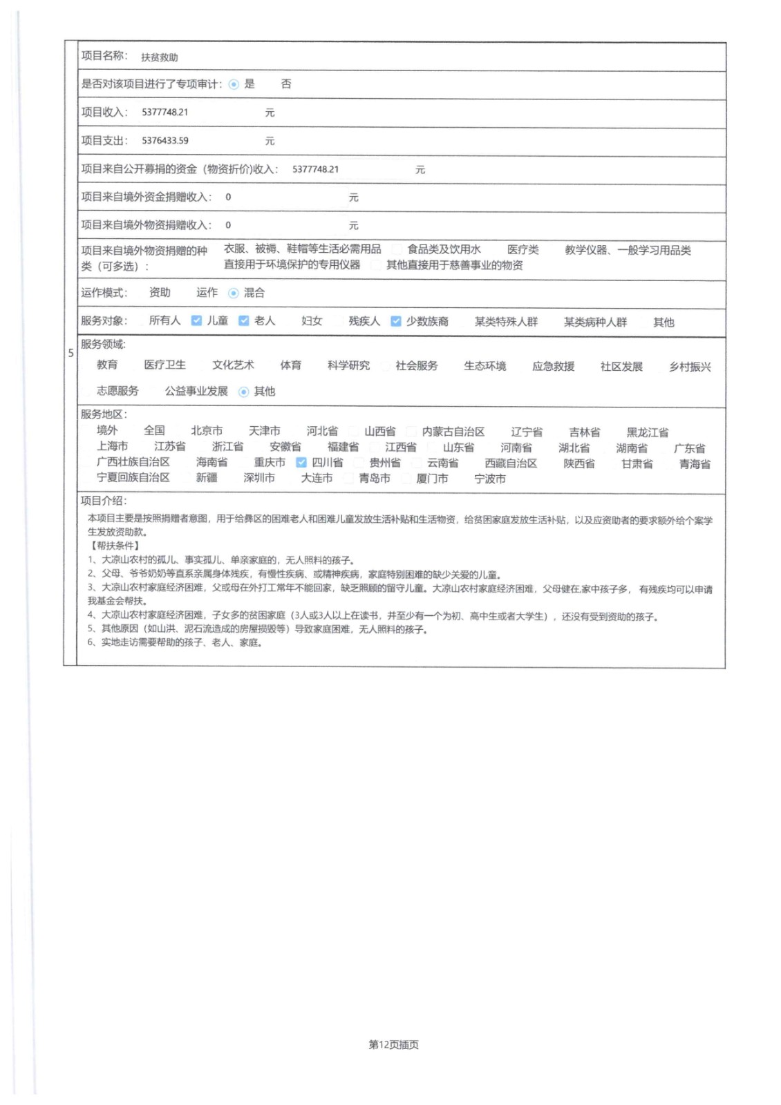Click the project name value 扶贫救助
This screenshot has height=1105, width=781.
pyautogui.click(x=160, y=57)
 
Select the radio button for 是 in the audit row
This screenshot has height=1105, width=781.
pyautogui.click(x=234, y=84)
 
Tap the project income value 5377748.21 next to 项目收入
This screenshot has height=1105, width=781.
pyautogui.click(x=165, y=112)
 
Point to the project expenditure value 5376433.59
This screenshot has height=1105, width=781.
pyautogui.click(x=165, y=140)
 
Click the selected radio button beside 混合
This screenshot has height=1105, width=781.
pyautogui.click(x=234, y=293)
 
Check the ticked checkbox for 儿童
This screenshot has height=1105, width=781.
pyautogui.click(x=196, y=320)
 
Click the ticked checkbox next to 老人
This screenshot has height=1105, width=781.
pyautogui.click(x=243, y=320)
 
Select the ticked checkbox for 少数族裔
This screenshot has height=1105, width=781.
pyautogui.click(x=395, y=321)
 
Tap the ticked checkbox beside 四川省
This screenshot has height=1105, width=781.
pyautogui.click(x=301, y=462)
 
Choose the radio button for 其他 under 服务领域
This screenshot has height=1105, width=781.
pyautogui.click(x=243, y=392)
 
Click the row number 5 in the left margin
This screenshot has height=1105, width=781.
pyautogui.click(x=70, y=353)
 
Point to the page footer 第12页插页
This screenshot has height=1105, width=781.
pyautogui.click(x=393, y=1044)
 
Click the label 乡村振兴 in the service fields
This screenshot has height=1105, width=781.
pyautogui.click(x=690, y=367)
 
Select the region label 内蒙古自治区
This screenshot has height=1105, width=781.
pyautogui.click(x=453, y=432)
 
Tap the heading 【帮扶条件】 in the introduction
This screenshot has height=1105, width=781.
pyautogui.click(x=114, y=546)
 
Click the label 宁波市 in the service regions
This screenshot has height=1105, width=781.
pyautogui.click(x=490, y=479)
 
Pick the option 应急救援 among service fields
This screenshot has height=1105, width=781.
pyautogui.click(x=553, y=366)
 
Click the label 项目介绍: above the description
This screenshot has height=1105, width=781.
pyautogui.click(x=104, y=500)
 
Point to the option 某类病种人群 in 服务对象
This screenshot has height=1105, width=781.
pyautogui.click(x=595, y=322)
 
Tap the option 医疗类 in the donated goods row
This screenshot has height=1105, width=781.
pyautogui.click(x=523, y=250)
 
